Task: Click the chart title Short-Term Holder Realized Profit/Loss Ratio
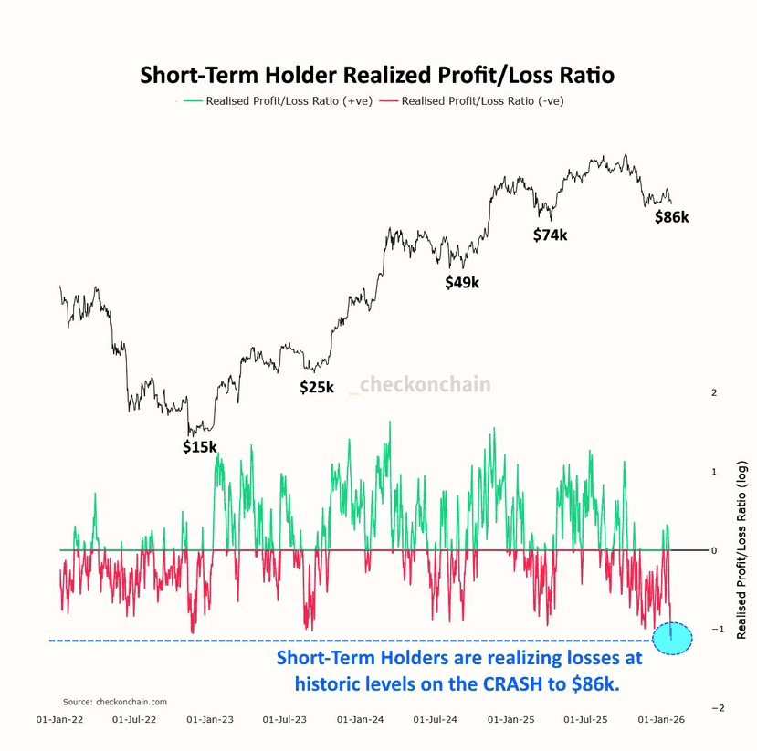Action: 377,75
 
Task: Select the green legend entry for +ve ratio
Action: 279,101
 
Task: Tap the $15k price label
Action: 200,447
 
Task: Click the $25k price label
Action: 317,387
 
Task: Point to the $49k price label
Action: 462,283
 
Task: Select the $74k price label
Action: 551,235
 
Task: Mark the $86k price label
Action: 672,217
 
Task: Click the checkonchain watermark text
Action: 426,385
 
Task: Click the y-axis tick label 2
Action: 714,392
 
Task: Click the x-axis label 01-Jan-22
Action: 60,720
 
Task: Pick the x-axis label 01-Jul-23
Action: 285,720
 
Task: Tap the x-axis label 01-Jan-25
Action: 511,720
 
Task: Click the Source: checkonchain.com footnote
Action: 115,702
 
